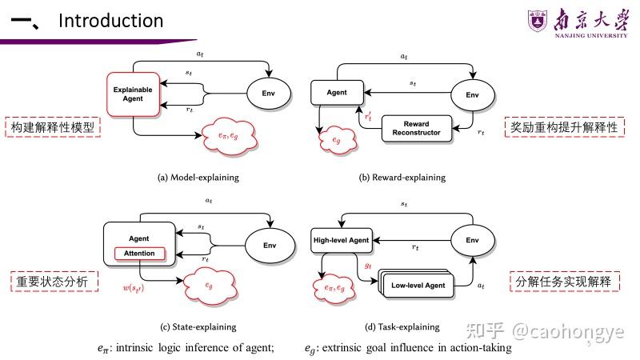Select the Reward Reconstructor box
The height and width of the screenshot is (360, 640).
416,128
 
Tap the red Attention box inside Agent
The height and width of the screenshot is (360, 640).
140,254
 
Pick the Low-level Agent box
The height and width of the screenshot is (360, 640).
417,285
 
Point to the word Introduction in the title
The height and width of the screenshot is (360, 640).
110,21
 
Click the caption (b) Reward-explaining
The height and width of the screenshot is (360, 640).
401,177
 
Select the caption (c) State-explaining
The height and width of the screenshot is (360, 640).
197,326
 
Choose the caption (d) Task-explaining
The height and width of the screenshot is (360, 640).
402,326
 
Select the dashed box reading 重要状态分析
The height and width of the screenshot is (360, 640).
52,281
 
